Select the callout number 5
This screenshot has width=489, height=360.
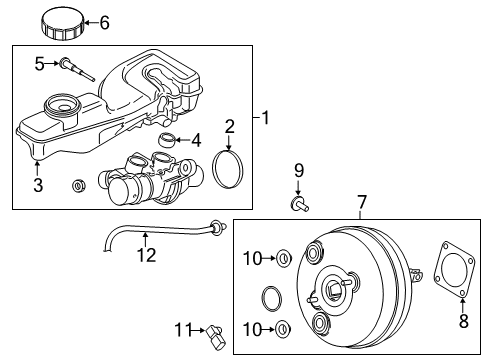[40, 63]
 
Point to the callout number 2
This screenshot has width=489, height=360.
[230, 126]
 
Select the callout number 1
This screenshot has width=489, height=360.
[266, 118]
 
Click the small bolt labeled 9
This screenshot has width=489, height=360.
[299, 207]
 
